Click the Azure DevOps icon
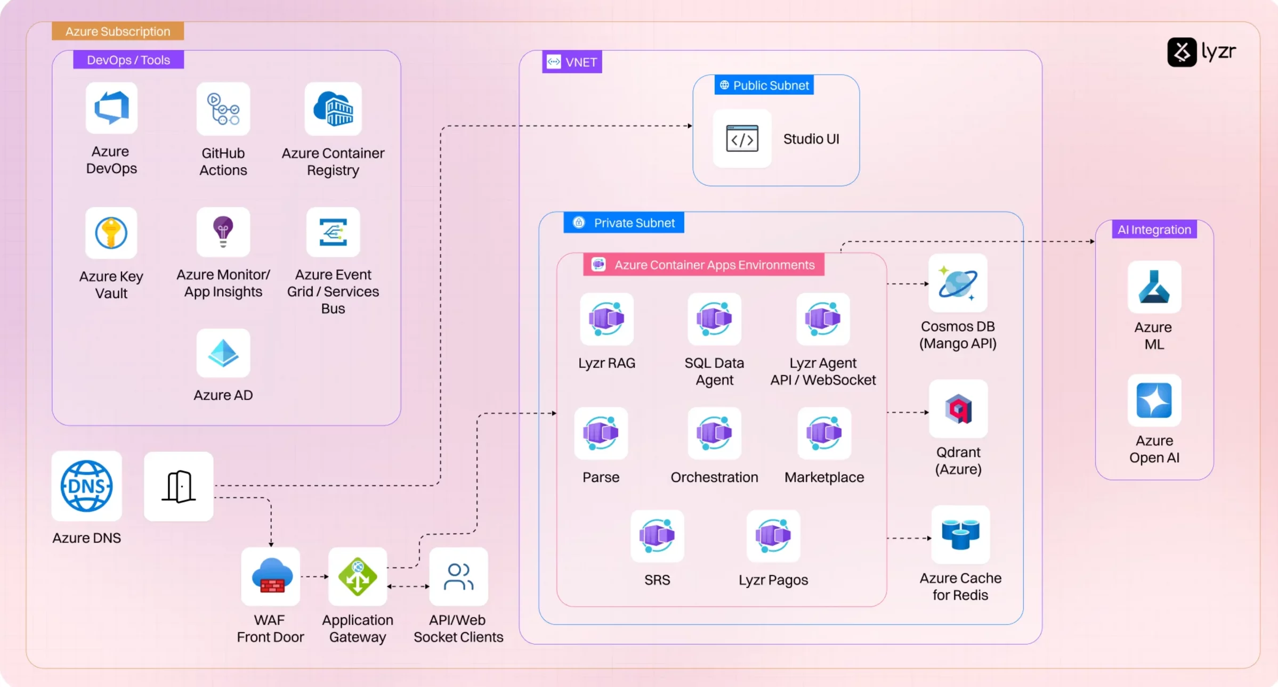[x=111, y=108]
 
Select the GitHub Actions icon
[x=223, y=109]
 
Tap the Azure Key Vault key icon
[x=111, y=233]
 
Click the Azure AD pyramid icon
[x=223, y=353]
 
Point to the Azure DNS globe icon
[x=86, y=486]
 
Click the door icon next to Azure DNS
[x=179, y=486]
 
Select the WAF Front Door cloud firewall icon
[x=271, y=576]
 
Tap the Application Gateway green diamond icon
[x=358, y=576]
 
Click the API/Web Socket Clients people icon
[x=458, y=576]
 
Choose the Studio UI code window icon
[x=742, y=139]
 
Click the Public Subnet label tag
[x=764, y=85]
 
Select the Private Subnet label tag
[x=624, y=223]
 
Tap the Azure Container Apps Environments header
[x=703, y=265]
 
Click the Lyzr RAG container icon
[x=606, y=318]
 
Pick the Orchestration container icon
[x=714, y=433]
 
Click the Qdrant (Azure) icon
[x=958, y=409]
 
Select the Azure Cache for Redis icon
[x=960, y=534]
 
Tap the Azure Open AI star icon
[x=1154, y=400]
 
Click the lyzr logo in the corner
[x=1201, y=52]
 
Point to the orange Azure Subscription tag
[x=118, y=31]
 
